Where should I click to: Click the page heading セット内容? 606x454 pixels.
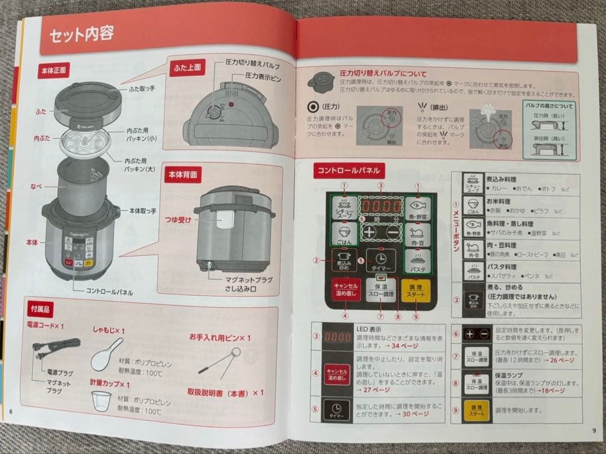(x=81, y=34)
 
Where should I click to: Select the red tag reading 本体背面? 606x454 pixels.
(x=182, y=175)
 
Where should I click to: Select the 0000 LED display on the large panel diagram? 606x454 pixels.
(x=381, y=206)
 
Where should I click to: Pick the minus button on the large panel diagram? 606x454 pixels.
(x=393, y=232)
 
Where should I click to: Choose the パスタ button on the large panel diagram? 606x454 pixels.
(x=416, y=261)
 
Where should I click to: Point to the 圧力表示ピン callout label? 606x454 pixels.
(x=263, y=75)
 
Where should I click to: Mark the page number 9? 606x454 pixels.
(x=593, y=430)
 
